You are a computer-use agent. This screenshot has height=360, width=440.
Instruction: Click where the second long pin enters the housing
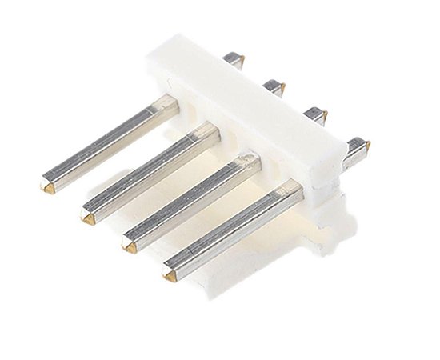pos(213,130)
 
